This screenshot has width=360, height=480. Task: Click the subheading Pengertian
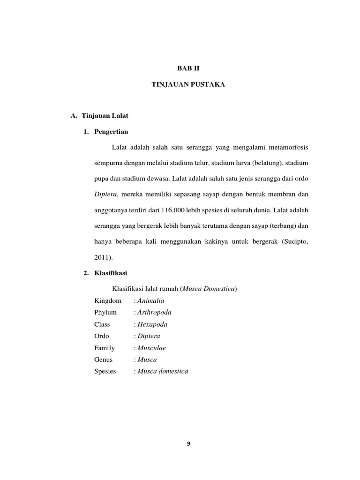click(111, 132)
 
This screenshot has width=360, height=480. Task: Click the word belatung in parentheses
click(267, 164)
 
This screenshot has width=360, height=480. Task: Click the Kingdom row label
click(108, 301)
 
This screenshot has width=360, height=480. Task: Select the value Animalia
click(150, 301)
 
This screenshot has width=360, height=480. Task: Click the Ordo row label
click(102, 336)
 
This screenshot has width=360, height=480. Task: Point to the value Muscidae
click(151, 348)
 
